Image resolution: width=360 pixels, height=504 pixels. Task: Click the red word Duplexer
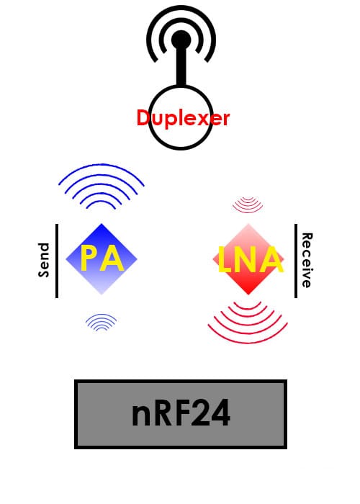pyautogui.click(x=183, y=118)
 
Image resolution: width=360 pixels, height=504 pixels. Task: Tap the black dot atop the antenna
pyautogui.click(x=181, y=40)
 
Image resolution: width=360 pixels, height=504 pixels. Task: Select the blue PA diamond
pyautogui.click(x=102, y=258)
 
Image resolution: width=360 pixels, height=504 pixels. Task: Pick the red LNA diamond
pyautogui.click(x=248, y=258)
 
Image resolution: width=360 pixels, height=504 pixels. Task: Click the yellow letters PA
pyautogui.click(x=102, y=258)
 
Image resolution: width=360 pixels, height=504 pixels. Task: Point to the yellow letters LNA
pyautogui.click(x=251, y=260)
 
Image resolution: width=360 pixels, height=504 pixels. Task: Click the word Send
pyautogui.click(x=44, y=260)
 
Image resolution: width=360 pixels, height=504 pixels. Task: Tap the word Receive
pyautogui.click(x=307, y=260)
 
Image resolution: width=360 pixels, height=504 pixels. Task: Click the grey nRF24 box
pyautogui.click(x=181, y=414)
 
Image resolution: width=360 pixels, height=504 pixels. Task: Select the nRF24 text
pyautogui.click(x=181, y=413)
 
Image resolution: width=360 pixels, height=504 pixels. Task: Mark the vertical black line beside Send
pyautogui.click(x=57, y=261)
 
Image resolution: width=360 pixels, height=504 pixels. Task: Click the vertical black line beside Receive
pyautogui.click(x=296, y=261)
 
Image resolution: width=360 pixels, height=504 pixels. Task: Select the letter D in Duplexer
pyautogui.click(x=144, y=117)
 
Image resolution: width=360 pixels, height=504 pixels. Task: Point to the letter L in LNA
pyautogui.click(x=225, y=260)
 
